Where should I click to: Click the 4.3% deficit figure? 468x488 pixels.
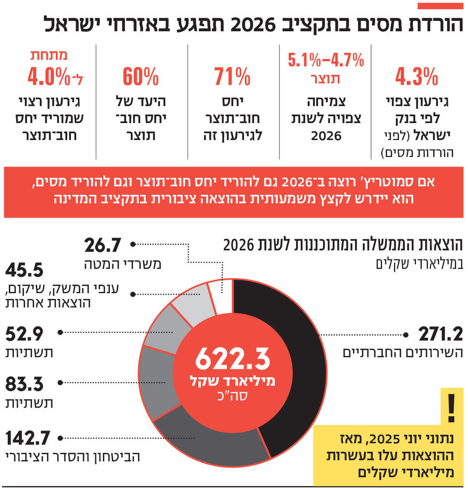click(417, 77)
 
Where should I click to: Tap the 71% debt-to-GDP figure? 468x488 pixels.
click(233, 77)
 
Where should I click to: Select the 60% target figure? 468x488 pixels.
click(141, 77)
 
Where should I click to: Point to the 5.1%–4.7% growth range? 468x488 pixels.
click(326, 59)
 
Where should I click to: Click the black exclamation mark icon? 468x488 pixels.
click(451, 408)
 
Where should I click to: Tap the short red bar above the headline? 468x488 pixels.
click(441, 6)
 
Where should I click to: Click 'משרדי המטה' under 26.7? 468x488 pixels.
click(122, 264)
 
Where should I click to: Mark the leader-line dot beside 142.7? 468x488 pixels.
click(61, 438)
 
